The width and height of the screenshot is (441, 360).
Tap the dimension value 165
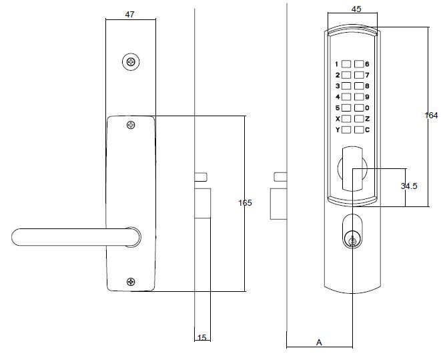245,202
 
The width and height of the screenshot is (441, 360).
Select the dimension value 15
201,338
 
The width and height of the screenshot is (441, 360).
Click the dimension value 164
430,115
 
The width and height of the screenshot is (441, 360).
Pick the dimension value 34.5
409,186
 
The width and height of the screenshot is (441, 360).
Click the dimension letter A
319,343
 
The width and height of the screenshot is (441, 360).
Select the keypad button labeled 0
359,108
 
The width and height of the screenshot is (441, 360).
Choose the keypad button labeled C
359,130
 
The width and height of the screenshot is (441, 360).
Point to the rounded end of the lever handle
19,236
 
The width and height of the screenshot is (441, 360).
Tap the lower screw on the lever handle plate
131,283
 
